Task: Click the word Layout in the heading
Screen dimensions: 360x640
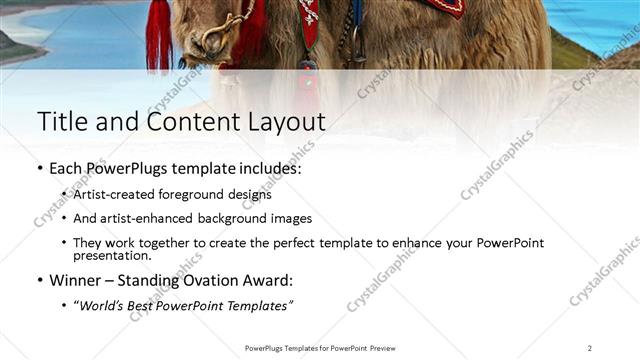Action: tap(289, 121)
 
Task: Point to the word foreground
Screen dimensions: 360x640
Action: tap(184, 194)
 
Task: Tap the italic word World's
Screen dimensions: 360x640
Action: tap(101, 304)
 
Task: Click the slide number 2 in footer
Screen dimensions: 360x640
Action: tap(589, 348)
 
